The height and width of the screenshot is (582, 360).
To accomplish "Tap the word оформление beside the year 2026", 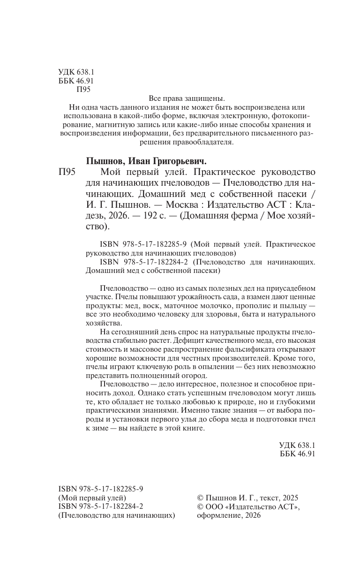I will [x=216, y=515].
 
